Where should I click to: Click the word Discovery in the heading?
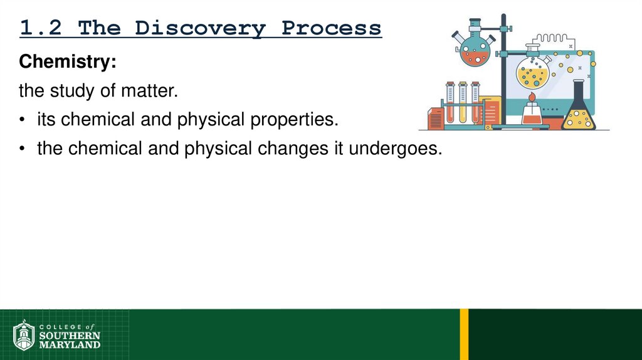coord(200,28)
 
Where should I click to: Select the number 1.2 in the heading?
coord(43,28)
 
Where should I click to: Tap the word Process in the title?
coord(331,28)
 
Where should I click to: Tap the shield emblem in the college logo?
coord(24,336)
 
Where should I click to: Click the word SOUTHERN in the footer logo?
coord(70,336)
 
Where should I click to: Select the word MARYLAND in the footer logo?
coord(70,344)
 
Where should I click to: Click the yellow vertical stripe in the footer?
coord(464,334)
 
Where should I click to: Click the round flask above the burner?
coord(532,71)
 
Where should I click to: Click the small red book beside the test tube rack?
coord(435,118)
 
